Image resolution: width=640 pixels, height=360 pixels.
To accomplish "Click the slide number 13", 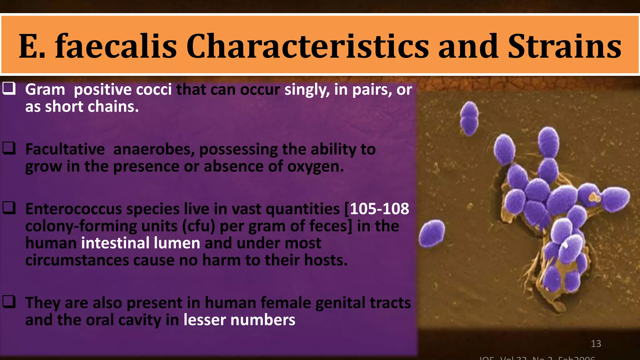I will [596, 344].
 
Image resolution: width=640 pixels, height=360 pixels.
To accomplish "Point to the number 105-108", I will [379, 209].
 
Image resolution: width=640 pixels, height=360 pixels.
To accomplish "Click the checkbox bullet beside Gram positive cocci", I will [9, 88].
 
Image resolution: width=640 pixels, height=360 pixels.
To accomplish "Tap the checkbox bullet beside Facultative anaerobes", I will [9, 148].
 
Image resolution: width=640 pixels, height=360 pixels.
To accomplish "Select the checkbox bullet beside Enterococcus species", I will [9, 208].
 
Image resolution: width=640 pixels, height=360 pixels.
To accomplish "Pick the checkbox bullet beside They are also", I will [9, 302].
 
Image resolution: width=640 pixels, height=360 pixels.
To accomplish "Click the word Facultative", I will [65, 149].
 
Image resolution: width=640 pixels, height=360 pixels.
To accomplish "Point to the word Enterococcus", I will [73, 209].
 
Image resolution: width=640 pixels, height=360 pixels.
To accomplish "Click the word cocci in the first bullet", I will [154, 90].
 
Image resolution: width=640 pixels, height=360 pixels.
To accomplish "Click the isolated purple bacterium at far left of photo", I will [432, 233].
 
